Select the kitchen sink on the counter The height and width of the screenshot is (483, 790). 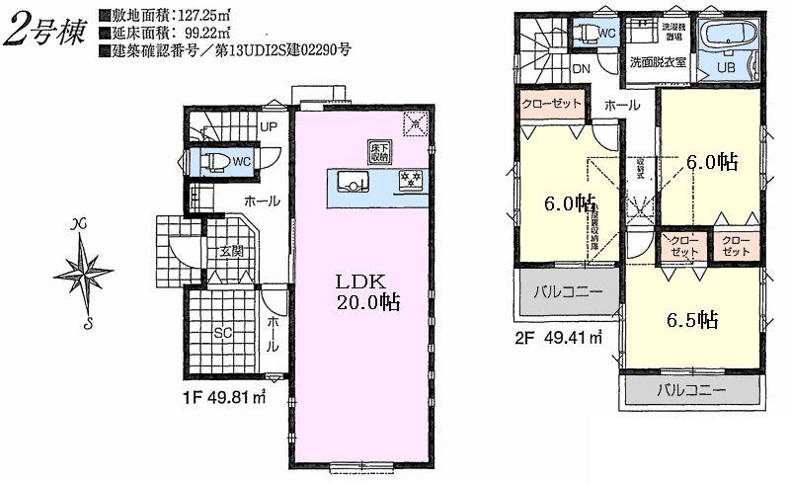coord(352,180)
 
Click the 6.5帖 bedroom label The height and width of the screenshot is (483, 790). coord(690,320)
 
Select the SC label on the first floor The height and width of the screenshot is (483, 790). coord(222,332)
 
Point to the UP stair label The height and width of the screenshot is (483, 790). coord(268,126)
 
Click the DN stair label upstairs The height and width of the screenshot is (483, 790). coord(582,69)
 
